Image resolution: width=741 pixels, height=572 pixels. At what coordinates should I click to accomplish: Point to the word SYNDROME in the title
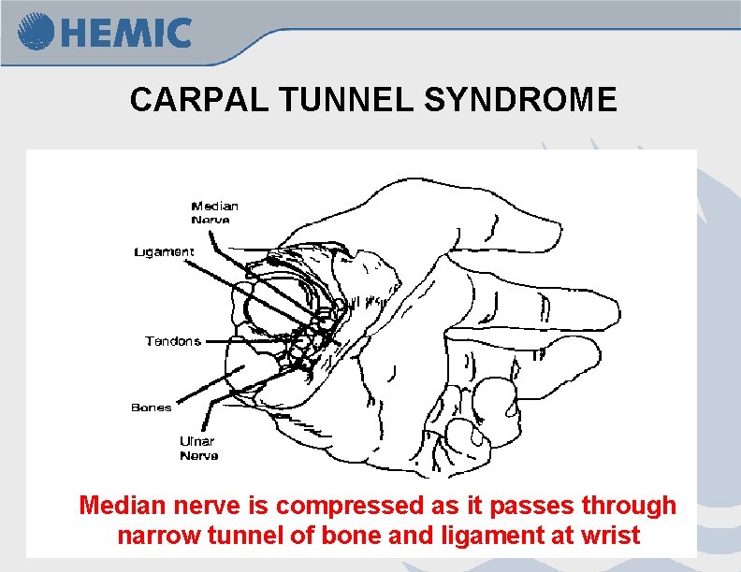[x=519, y=99]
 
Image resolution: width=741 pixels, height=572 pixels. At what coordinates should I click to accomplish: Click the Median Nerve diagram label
[x=214, y=212]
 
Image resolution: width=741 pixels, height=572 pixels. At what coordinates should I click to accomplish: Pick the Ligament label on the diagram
[x=164, y=251]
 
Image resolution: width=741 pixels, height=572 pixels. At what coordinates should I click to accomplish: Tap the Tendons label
[x=173, y=341]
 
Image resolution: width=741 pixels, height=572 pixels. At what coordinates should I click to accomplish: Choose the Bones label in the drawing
[x=151, y=408]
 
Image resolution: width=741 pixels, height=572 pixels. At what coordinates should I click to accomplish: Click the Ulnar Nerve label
[x=198, y=448]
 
